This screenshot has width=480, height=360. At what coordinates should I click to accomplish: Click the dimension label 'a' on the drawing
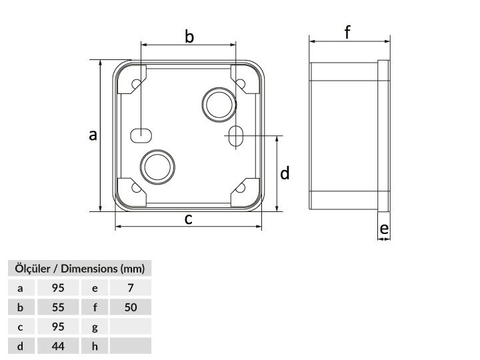[x=93, y=135]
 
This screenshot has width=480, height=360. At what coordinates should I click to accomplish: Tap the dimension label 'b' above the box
[x=189, y=37]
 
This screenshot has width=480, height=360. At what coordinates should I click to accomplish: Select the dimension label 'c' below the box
[x=188, y=219]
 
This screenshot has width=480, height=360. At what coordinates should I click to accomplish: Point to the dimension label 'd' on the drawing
[x=285, y=173]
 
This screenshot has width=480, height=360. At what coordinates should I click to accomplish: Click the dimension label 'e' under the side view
[x=384, y=229]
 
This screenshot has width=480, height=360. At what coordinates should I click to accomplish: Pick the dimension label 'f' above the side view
[x=347, y=32]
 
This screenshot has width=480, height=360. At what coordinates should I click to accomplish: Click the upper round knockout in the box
[x=219, y=105]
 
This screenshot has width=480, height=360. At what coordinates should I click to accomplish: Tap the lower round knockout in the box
[x=157, y=167]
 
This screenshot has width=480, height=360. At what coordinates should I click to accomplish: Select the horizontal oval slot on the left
[x=141, y=135]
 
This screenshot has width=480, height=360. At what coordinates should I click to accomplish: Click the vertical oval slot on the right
[x=236, y=135]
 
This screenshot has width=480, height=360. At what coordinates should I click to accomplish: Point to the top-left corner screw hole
[x=136, y=83]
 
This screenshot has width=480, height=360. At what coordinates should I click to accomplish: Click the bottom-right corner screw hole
[x=241, y=187]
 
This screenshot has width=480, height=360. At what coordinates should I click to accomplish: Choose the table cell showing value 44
[x=58, y=346]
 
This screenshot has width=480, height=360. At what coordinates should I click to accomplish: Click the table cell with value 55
[x=58, y=307]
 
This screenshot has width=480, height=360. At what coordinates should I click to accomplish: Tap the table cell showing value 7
[x=131, y=288]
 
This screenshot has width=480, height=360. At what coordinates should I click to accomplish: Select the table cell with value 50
[x=131, y=307]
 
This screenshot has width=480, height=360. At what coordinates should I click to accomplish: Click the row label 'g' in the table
[x=95, y=327]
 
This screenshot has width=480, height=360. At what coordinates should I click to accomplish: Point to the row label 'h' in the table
[x=95, y=346]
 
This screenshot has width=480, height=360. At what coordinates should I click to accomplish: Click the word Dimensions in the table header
[x=89, y=269]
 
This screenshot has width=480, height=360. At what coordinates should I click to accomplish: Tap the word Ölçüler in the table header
[x=33, y=269]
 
